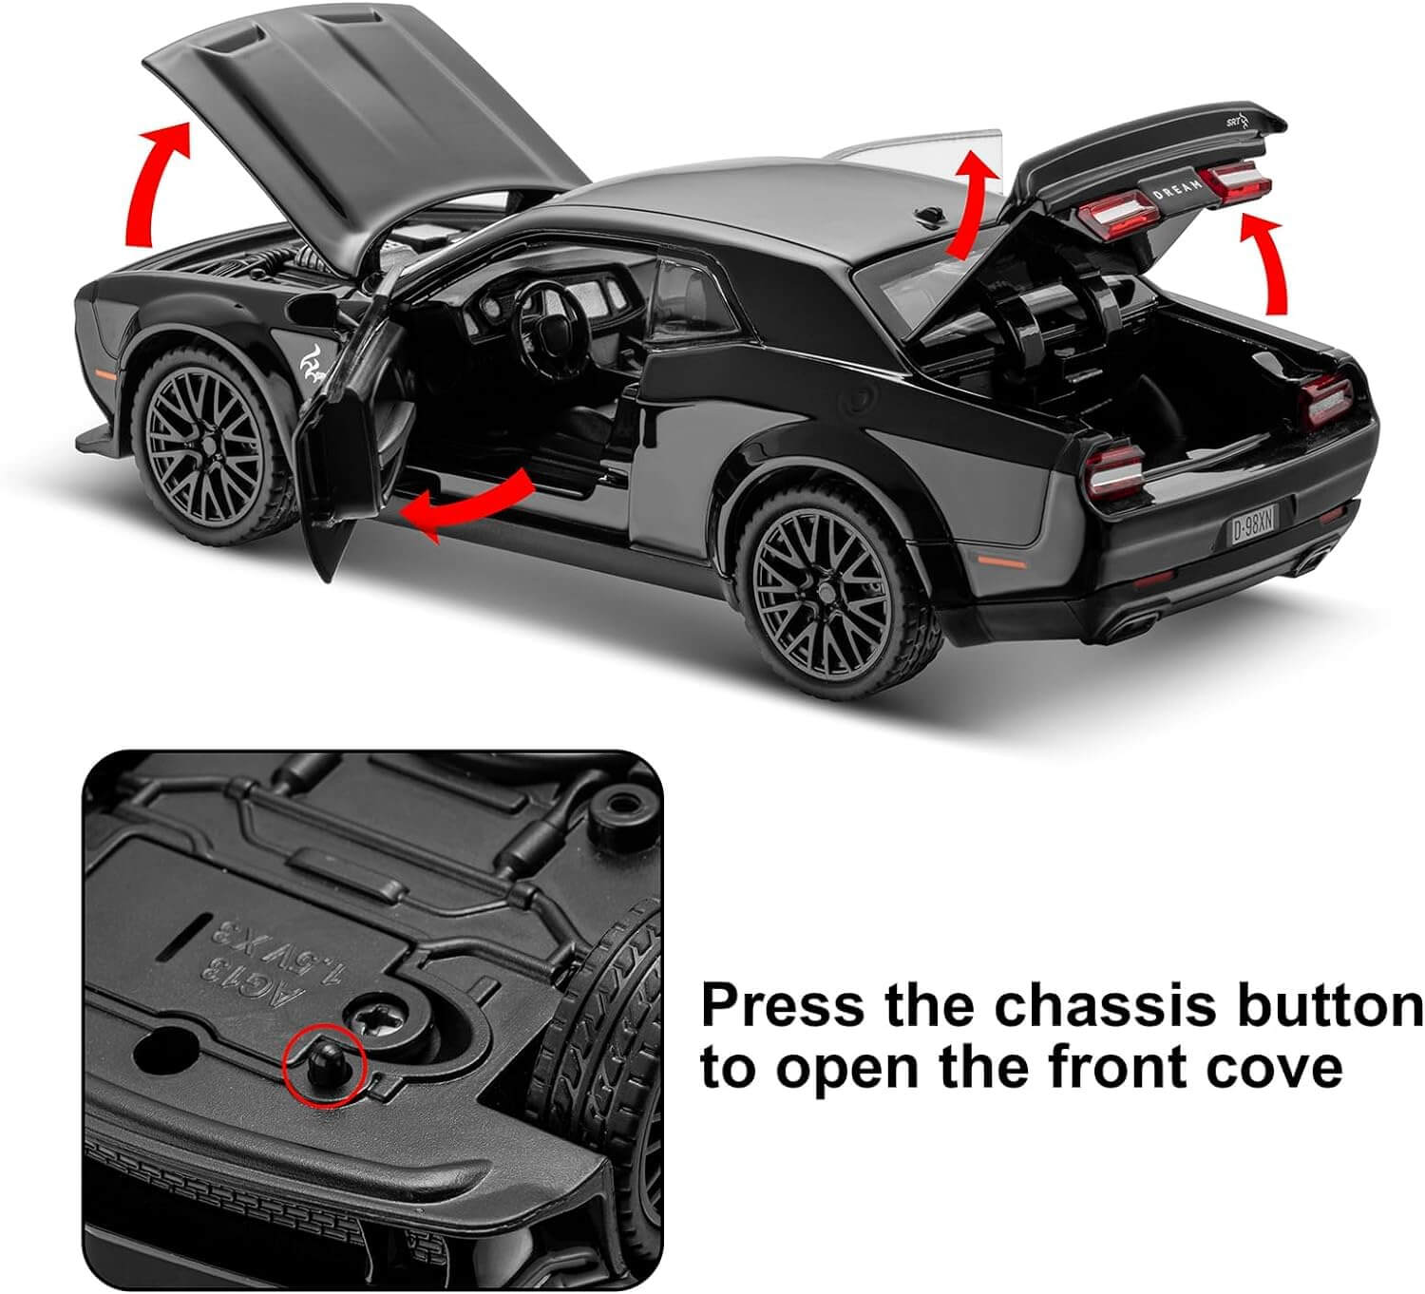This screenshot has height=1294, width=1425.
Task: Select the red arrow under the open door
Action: tap(465, 504)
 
